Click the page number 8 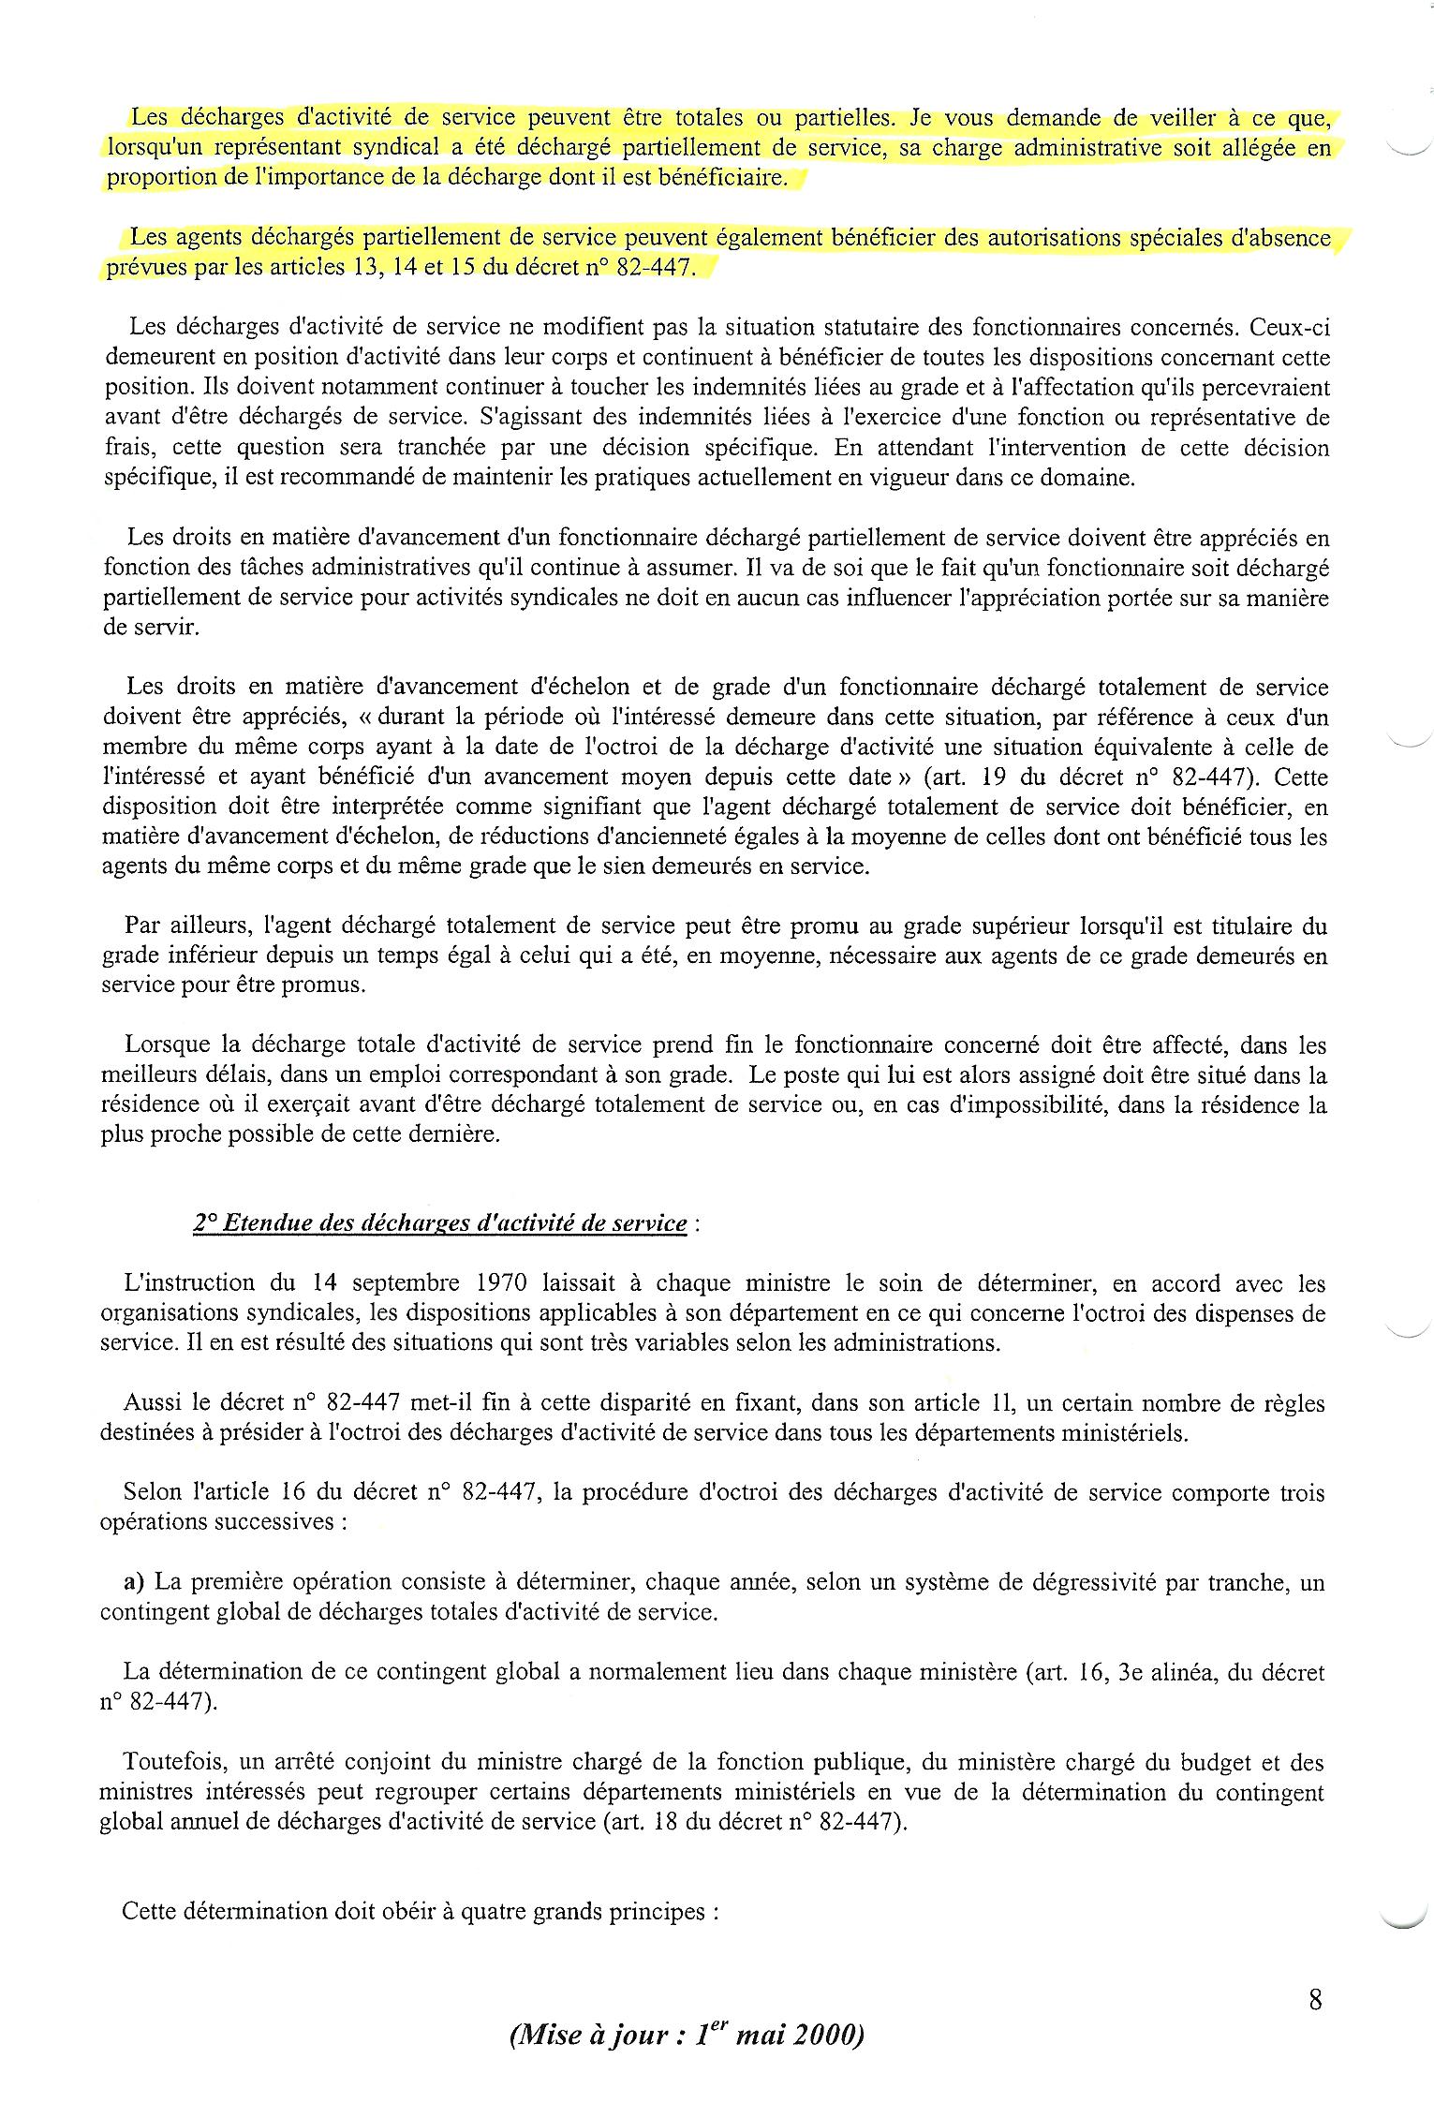tap(1315, 2001)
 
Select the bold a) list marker tap(134, 1582)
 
